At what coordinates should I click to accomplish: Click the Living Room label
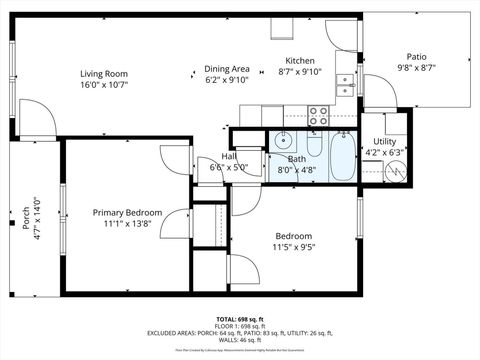click(x=104, y=73)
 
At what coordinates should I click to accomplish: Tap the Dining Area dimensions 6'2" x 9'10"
click(x=226, y=80)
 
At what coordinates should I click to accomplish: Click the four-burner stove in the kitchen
click(x=319, y=115)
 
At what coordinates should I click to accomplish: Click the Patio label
click(x=417, y=57)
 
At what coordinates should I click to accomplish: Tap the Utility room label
click(x=384, y=141)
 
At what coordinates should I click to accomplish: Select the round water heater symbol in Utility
click(x=395, y=171)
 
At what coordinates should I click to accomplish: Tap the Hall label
click(x=231, y=156)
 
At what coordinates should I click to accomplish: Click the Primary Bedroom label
click(x=126, y=212)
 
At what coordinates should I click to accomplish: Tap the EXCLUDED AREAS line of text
click(x=239, y=332)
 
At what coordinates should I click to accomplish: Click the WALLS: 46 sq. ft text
click(x=239, y=341)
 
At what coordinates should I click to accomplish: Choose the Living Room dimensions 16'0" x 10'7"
click(x=104, y=85)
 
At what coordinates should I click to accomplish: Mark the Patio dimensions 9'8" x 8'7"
click(x=417, y=69)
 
